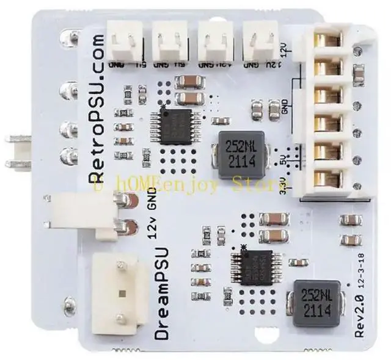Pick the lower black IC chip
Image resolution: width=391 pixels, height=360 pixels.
pyautogui.click(x=255, y=267)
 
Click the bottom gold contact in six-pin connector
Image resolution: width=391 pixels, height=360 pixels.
pyautogui.click(x=328, y=178)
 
